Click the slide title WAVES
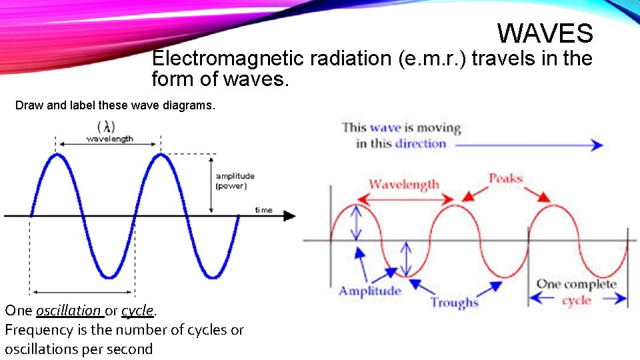(545, 33)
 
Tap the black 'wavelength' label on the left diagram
(109, 139)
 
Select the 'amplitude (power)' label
(235, 181)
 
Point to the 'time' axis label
(263, 210)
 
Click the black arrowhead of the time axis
(289, 215)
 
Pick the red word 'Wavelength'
(404, 184)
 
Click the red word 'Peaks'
(505, 178)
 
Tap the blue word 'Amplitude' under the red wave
(370, 291)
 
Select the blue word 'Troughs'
(454, 302)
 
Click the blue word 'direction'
(420, 143)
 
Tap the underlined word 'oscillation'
(69, 310)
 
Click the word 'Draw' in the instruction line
(28, 105)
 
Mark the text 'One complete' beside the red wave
(576, 284)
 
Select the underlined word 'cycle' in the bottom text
(137, 310)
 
